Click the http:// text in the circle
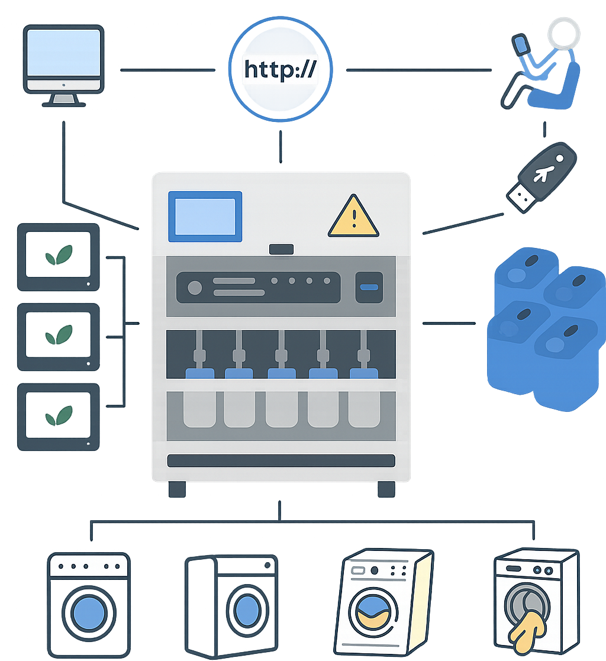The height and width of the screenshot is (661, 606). tap(281, 70)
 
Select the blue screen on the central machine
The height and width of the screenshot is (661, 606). tap(205, 217)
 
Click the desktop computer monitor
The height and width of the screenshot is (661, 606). tap(64, 60)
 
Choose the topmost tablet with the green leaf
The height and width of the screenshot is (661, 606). tap(58, 256)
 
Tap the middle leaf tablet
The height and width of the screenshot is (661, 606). tap(58, 337)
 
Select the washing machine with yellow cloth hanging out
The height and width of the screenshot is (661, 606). tap(536, 604)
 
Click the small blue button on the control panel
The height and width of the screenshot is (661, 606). tap(369, 287)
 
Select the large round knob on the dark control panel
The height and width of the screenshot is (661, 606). tap(195, 288)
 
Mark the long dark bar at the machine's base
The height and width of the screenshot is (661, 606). tap(281, 460)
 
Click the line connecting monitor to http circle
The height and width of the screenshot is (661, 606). tap(167, 70)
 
